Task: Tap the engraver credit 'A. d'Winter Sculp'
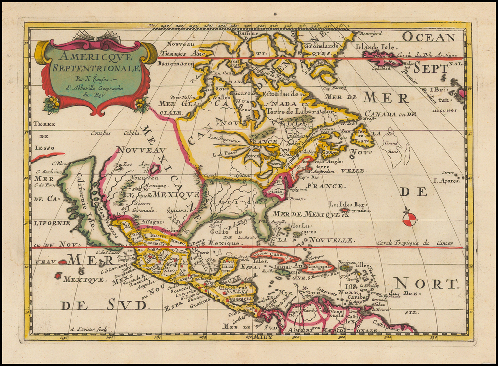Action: click(x=89, y=329)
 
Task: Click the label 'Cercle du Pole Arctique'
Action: click(x=427, y=55)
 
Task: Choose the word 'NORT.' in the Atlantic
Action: click(x=426, y=284)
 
